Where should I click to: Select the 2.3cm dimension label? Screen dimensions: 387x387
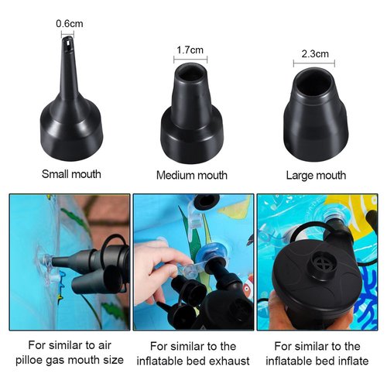(314, 53)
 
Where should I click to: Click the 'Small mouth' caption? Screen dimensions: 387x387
(70, 174)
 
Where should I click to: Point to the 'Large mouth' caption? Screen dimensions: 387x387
(316, 176)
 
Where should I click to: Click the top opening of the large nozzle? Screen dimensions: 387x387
(314, 78)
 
